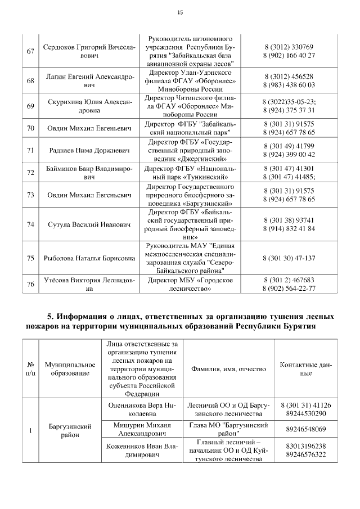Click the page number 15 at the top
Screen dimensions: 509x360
[x=180, y=12]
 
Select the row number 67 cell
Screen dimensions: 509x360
[x=31, y=51]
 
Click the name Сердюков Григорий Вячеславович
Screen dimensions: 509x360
[x=89, y=51]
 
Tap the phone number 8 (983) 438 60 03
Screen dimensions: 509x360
[x=289, y=85]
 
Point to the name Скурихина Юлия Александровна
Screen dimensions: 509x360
[x=89, y=106]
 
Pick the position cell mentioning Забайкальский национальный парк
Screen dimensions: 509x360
[x=191, y=128]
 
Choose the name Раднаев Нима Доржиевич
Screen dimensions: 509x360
[x=89, y=150]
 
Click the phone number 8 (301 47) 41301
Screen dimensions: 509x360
[x=289, y=168]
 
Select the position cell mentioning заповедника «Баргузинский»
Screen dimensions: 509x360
[x=191, y=195]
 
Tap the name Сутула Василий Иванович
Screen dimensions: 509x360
[x=89, y=224]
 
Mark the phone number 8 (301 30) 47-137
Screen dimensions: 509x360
[x=289, y=258]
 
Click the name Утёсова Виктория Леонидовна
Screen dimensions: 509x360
[x=89, y=285]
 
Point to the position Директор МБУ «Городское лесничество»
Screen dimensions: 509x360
[x=191, y=285]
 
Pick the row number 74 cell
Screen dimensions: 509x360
[x=31, y=224]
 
